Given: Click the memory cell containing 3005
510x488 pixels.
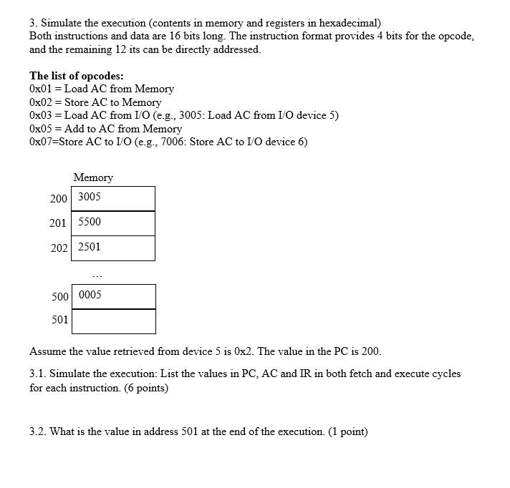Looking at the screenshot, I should coord(113,198).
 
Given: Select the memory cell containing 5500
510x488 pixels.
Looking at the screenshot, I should coord(113,223).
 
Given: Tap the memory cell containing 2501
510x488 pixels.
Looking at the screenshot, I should coord(113,248).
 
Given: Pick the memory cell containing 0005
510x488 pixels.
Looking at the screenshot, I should coord(113,296).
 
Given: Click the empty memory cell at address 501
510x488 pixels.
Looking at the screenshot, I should coord(113,321).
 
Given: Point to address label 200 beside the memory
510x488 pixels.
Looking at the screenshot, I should coord(59,198).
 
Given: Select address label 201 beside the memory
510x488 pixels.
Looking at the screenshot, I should coord(58,223).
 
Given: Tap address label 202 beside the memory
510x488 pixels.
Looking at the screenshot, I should coord(59,248).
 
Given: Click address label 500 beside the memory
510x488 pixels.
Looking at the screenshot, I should coord(60,296).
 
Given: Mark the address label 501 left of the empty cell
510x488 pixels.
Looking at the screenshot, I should coord(60,320).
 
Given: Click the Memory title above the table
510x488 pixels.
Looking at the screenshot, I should coord(93,177).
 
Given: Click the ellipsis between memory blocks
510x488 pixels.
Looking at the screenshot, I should coord(97,275).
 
